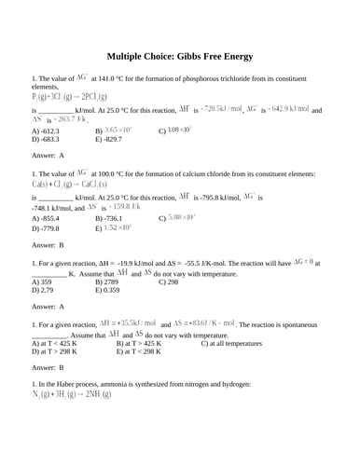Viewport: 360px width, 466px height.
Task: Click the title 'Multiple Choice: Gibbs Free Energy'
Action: pyautogui.click(x=179, y=55)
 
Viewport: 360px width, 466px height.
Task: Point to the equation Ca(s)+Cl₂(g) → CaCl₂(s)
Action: pyautogui.click(x=71, y=185)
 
